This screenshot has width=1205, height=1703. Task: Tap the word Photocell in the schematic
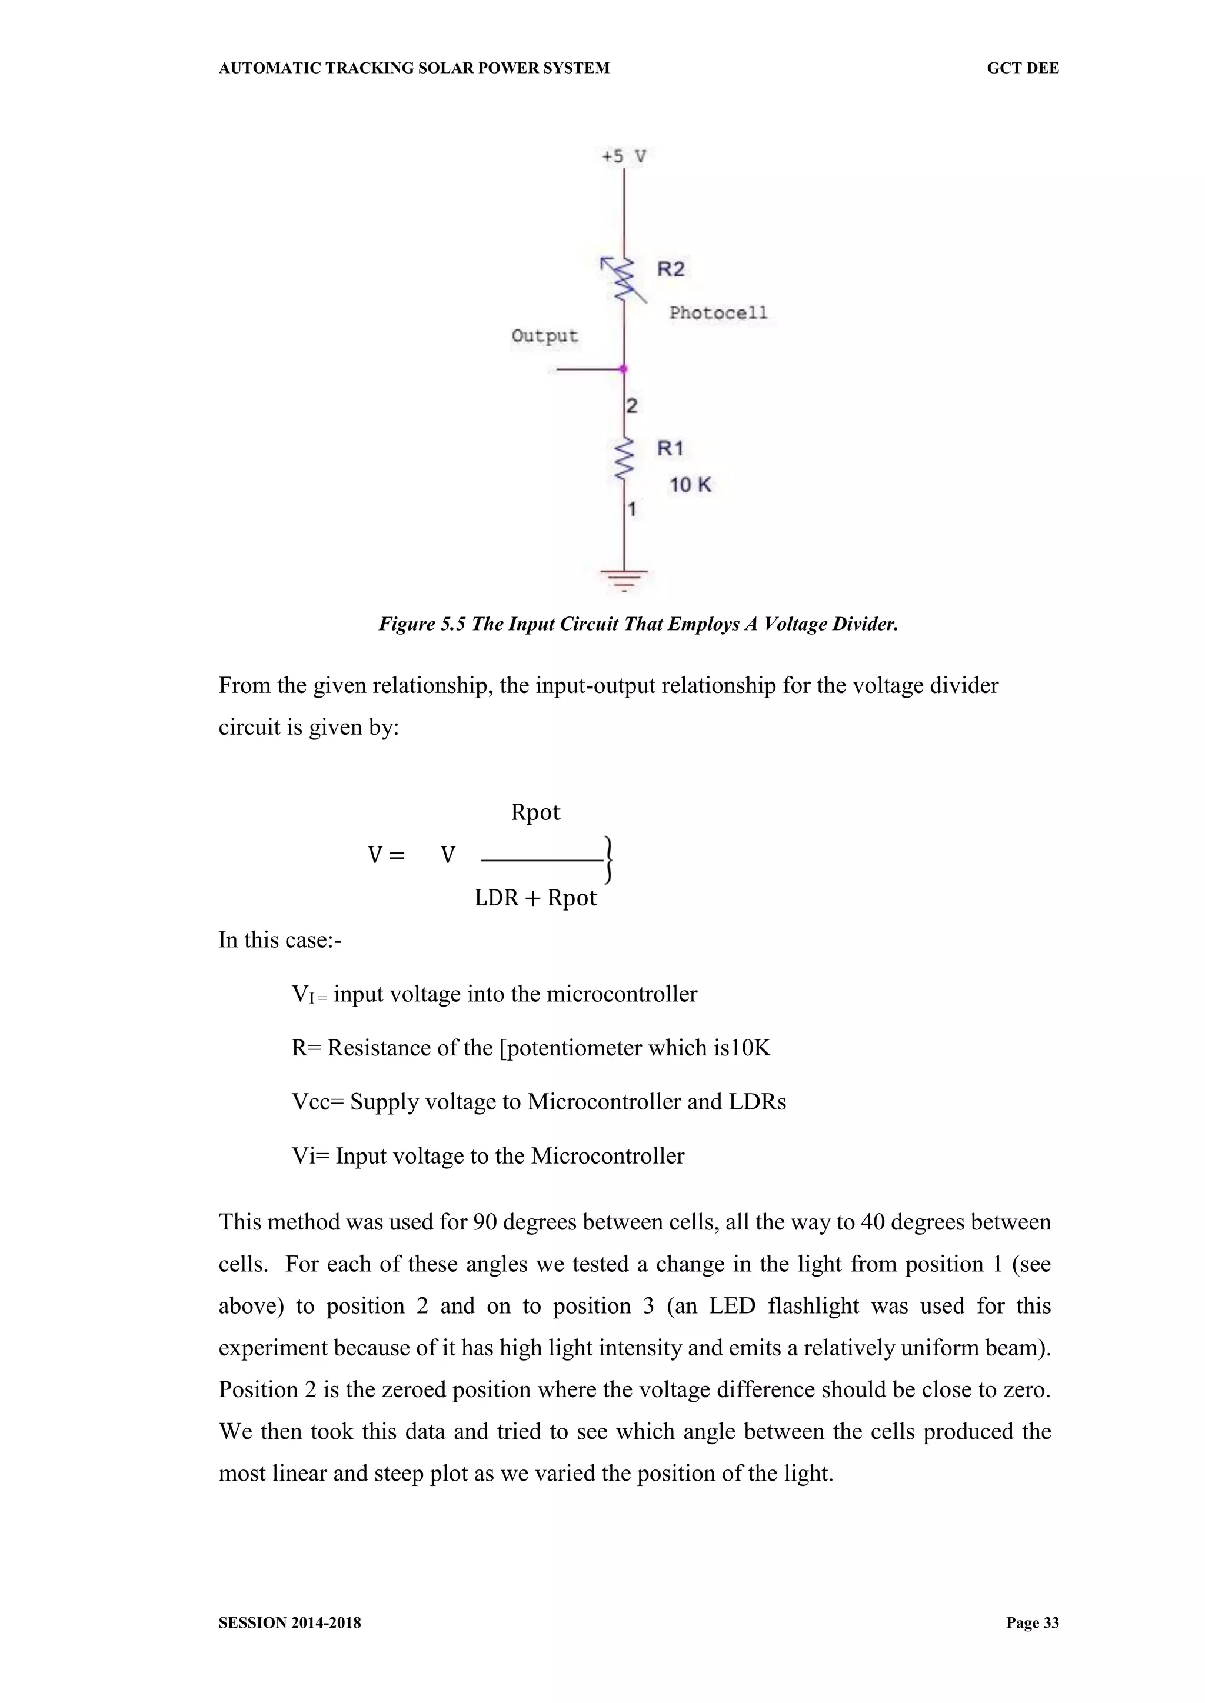tap(717, 313)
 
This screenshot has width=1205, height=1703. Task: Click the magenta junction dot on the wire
tap(623, 369)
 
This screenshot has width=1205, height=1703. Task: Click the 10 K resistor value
tap(690, 485)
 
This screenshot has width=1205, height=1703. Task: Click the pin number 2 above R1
tap(631, 406)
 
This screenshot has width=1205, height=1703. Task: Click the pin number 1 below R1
tap(631, 509)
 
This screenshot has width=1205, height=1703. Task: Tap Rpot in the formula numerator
tap(536, 812)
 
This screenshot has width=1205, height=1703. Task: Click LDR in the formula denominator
tap(497, 898)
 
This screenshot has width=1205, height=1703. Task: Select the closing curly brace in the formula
tap(608, 859)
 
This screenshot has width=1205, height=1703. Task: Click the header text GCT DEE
tap(1023, 68)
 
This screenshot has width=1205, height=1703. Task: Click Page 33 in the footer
tap(1032, 1623)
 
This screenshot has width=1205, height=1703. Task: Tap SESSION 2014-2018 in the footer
tap(289, 1623)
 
